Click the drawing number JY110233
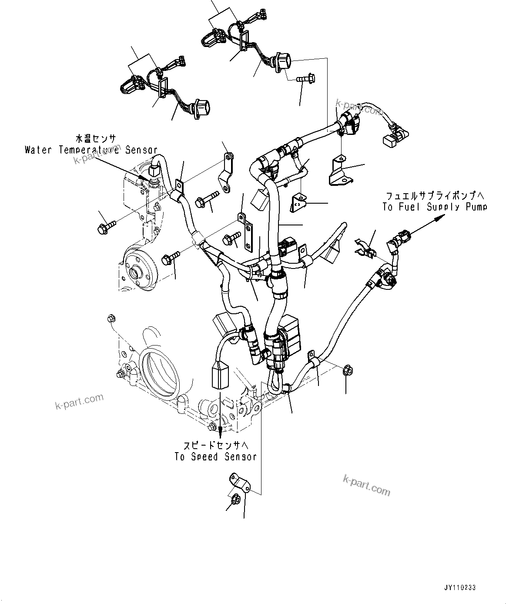click(x=460, y=587)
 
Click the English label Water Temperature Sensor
click(x=91, y=150)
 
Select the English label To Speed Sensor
click(x=215, y=457)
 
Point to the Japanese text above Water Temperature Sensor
click(x=96, y=139)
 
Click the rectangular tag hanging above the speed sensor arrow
click(x=220, y=376)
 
